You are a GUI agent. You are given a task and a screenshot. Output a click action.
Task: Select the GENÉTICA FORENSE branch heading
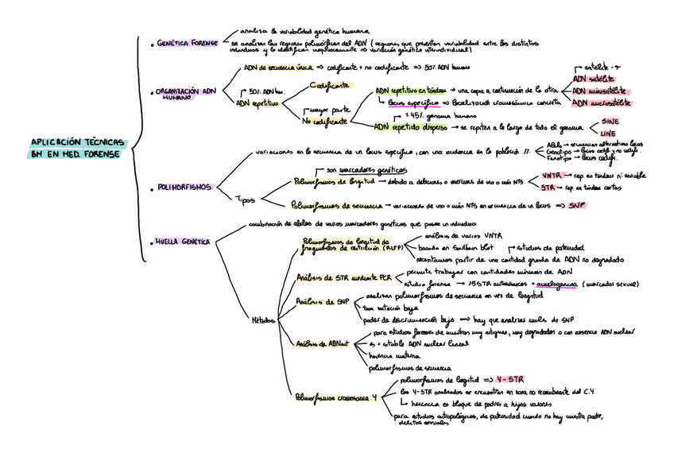click(187, 43)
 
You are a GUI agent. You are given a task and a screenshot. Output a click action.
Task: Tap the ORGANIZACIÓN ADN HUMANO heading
click(184, 94)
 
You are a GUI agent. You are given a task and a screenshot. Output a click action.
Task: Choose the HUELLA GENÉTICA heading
click(183, 241)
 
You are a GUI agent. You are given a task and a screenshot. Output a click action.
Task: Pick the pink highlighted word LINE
click(607, 133)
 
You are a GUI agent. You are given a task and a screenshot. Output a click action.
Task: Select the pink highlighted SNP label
click(577, 205)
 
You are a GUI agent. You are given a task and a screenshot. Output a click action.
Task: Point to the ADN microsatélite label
click(602, 103)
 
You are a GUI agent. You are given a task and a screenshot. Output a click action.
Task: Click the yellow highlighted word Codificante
click(331, 85)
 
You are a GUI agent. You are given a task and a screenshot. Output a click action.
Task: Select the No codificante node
click(324, 122)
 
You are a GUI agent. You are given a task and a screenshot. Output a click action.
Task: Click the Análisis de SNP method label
click(323, 302)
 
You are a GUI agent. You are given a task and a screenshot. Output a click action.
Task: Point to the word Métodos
click(263, 320)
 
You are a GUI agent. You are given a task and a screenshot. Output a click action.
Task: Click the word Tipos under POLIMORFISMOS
click(245, 199)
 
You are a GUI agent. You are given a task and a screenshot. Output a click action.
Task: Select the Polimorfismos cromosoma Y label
click(335, 396)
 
